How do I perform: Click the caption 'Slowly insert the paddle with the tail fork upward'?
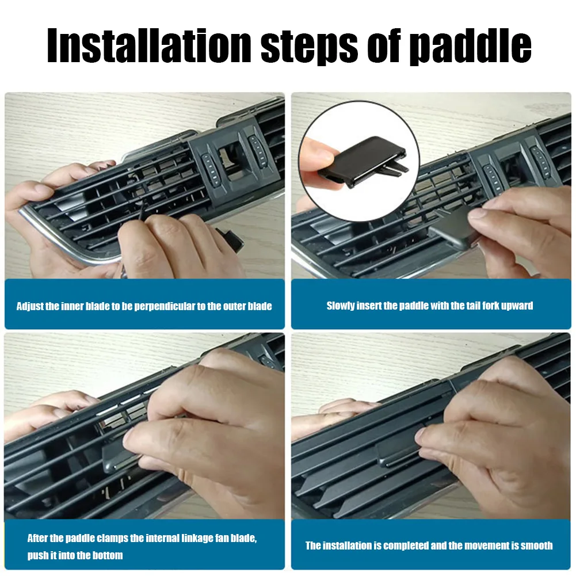(x=430, y=306)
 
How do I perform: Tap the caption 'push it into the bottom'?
(x=75, y=556)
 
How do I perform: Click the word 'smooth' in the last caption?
(x=536, y=546)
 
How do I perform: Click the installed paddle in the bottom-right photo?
(x=397, y=455)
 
